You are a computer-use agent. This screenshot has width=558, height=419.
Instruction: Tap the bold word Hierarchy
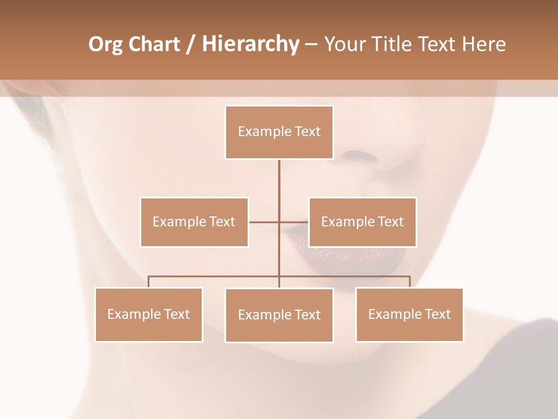pyautogui.click(x=251, y=44)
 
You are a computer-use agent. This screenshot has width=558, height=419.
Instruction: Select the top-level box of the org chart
pyautogui.click(x=279, y=132)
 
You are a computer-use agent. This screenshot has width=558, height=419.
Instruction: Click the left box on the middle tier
pyautogui.click(x=194, y=222)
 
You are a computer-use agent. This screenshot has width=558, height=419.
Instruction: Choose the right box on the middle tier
pyautogui.click(x=362, y=222)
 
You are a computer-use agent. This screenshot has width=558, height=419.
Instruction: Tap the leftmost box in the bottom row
pyautogui.click(x=149, y=314)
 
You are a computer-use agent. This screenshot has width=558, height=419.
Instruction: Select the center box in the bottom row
pyautogui.click(x=279, y=315)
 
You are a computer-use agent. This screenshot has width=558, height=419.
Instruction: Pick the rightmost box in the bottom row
pyautogui.click(x=409, y=314)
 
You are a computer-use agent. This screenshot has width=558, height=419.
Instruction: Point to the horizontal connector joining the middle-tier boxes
pyautogui.click(x=264, y=222)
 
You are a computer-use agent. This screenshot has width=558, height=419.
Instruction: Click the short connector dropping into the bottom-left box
pyautogui.click(x=149, y=282)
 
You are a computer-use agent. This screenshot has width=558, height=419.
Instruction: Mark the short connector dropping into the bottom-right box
pyautogui.click(x=410, y=282)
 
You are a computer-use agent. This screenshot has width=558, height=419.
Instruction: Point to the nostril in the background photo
pyautogui.click(x=359, y=155)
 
